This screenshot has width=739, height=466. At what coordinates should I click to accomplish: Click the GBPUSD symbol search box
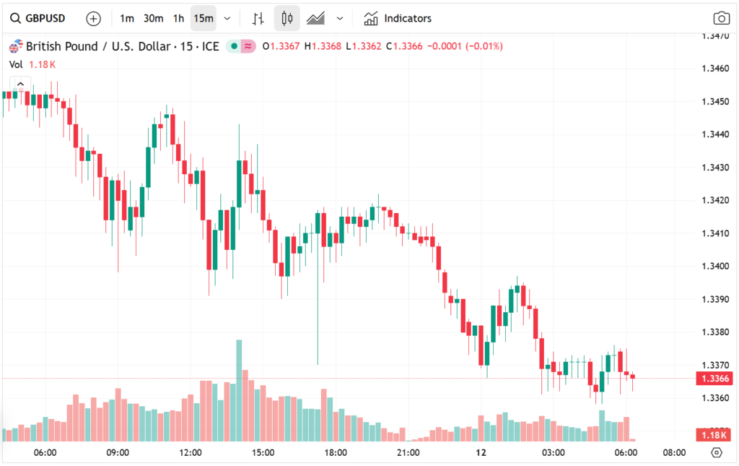pyautogui.click(x=40, y=18)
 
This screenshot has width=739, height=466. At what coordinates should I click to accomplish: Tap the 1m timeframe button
pyautogui.click(x=127, y=18)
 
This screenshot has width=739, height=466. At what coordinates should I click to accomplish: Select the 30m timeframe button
pyautogui.click(x=153, y=18)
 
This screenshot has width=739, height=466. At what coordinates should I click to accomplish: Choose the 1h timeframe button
pyautogui.click(x=178, y=18)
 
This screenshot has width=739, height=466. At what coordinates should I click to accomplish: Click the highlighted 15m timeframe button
pyautogui.click(x=204, y=18)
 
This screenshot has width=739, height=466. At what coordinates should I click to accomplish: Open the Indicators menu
pyautogui.click(x=398, y=18)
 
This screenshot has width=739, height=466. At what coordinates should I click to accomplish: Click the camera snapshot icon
pyautogui.click(x=720, y=19)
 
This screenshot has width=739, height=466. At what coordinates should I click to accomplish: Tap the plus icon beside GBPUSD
pyautogui.click(x=93, y=18)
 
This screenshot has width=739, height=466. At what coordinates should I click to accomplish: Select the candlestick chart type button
pyautogui.click(x=287, y=18)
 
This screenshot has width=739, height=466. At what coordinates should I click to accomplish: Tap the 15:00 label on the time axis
pyautogui.click(x=263, y=453)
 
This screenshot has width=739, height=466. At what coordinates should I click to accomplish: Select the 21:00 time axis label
pyautogui.click(x=408, y=453)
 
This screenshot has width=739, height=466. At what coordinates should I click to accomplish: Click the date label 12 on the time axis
pyautogui.click(x=481, y=453)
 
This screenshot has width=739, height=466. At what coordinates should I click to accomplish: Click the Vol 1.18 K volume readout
pyautogui.click(x=32, y=64)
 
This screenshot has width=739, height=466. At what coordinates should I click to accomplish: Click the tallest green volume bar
pyautogui.click(x=238, y=390)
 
